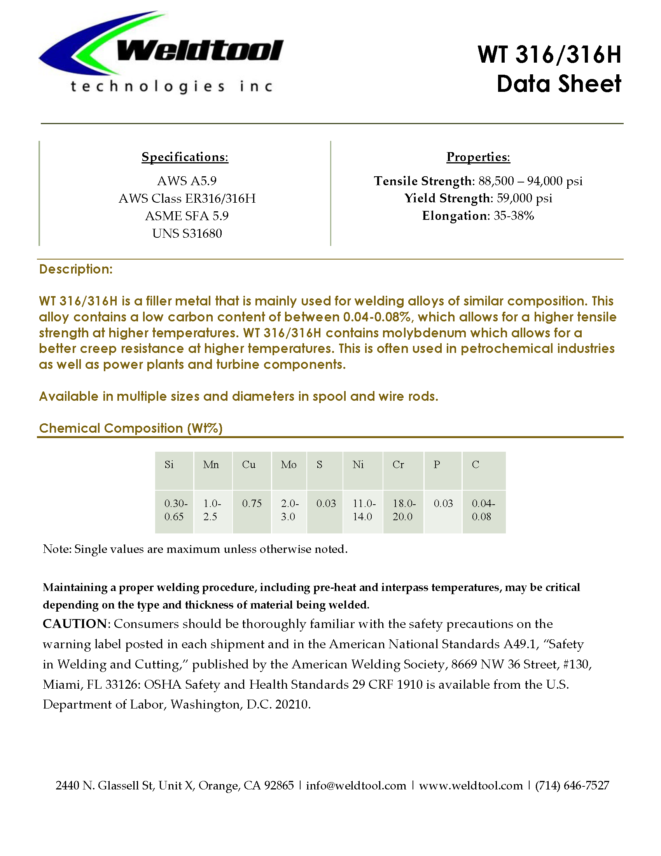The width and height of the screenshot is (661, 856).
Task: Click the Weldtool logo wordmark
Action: click(200, 51)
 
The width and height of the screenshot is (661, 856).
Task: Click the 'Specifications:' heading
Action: click(185, 157)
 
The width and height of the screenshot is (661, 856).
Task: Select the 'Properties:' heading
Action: click(478, 157)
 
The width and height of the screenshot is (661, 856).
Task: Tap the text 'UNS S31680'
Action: click(187, 233)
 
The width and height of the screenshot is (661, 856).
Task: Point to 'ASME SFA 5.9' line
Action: click(187, 216)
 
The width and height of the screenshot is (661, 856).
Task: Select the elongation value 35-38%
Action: click(514, 216)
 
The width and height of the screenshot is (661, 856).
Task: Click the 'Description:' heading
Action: click(76, 269)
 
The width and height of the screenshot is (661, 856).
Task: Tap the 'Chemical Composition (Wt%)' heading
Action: click(131, 428)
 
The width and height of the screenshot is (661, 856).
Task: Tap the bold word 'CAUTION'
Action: click(74, 624)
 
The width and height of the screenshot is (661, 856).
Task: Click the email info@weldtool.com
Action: click(356, 786)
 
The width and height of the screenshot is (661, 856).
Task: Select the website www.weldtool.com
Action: click(471, 786)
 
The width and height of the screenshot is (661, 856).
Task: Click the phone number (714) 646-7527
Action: click(572, 786)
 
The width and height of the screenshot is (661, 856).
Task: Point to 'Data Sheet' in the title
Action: click(559, 84)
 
